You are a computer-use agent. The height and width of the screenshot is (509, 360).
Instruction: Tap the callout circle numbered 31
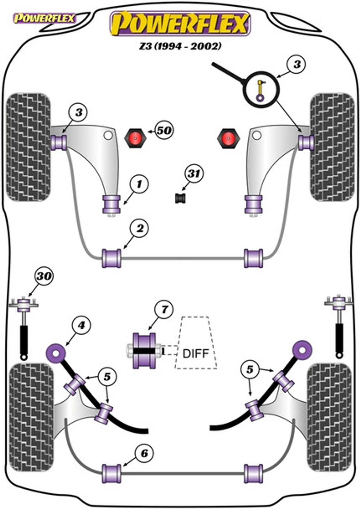(x=194, y=174)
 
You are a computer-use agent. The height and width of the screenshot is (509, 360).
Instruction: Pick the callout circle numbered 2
(x=139, y=228)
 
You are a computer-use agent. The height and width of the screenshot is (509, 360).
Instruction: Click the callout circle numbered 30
(x=44, y=276)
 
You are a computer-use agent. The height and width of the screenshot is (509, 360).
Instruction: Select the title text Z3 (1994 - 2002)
(x=180, y=46)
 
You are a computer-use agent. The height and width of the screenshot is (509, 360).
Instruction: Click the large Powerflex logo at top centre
(x=180, y=23)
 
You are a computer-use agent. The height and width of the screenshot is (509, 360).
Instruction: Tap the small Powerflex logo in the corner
(x=45, y=19)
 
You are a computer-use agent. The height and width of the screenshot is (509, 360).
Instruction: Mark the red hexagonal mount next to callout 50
(x=135, y=138)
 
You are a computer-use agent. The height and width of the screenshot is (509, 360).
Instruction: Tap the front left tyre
(x=28, y=147)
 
